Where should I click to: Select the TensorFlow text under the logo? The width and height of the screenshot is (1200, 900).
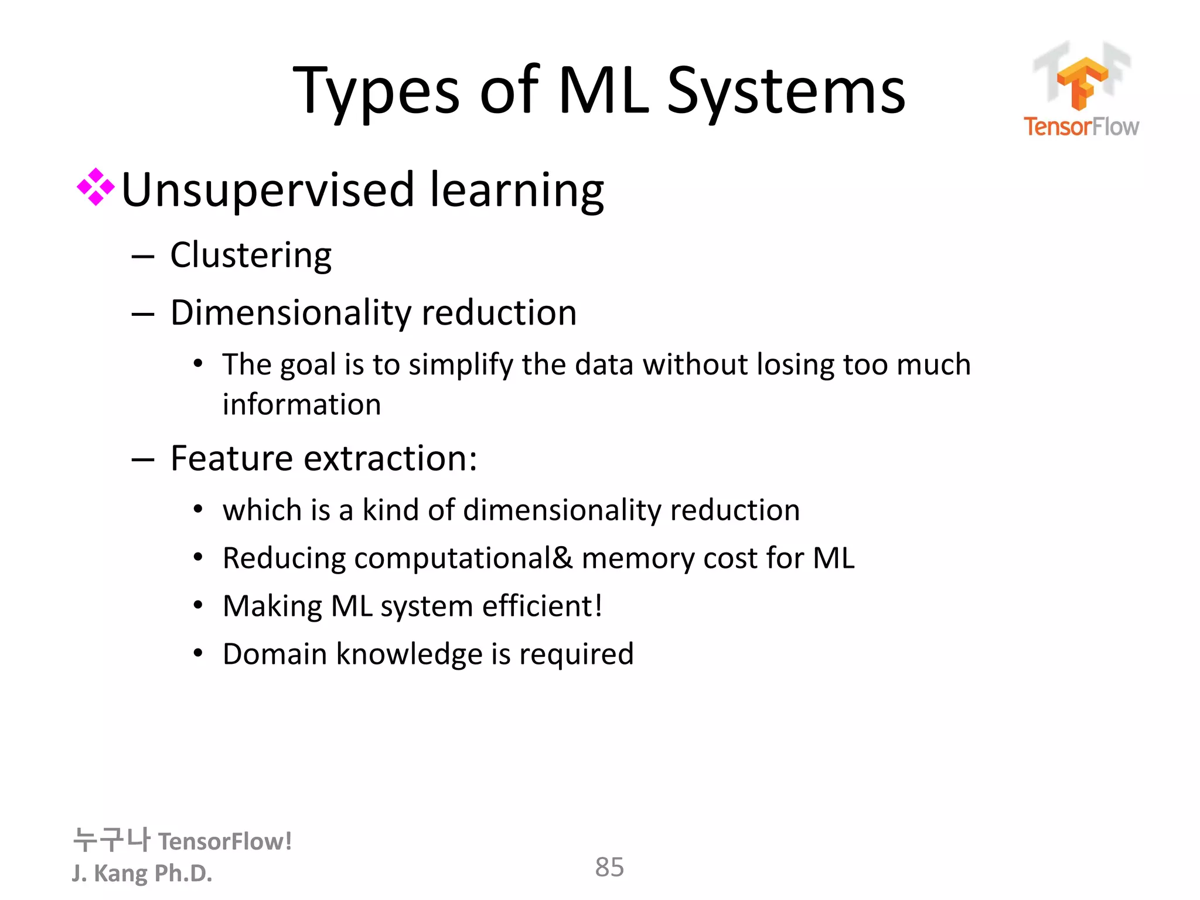click(1081, 127)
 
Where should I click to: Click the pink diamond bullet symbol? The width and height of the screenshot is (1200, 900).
click(96, 187)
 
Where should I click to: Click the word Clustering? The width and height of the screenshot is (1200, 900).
click(251, 256)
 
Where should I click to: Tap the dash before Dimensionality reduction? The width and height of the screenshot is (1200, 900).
click(142, 315)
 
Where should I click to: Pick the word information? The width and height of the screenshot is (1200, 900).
click(302, 404)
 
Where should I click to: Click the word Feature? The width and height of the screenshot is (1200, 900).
click(231, 458)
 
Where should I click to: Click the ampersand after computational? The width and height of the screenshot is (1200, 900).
click(562, 557)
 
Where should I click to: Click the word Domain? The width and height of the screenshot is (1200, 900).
click(274, 654)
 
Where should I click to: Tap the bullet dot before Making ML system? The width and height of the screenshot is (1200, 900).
click(199, 605)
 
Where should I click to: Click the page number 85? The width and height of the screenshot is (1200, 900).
click(609, 867)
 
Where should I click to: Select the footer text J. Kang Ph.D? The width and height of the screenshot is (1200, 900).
click(142, 873)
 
